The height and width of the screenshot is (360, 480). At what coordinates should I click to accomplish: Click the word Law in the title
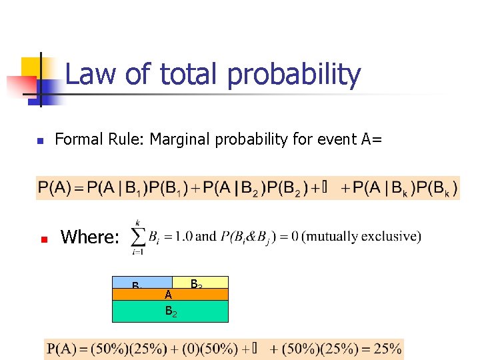tap(89, 75)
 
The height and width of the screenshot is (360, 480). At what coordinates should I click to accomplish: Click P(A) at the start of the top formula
tap(55, 188)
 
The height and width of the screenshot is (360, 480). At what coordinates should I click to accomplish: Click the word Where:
tap(90, 237)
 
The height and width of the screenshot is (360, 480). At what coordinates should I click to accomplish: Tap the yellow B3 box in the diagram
tap(200, 283)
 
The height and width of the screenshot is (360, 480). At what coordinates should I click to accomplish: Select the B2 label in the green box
tap(171, 310)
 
